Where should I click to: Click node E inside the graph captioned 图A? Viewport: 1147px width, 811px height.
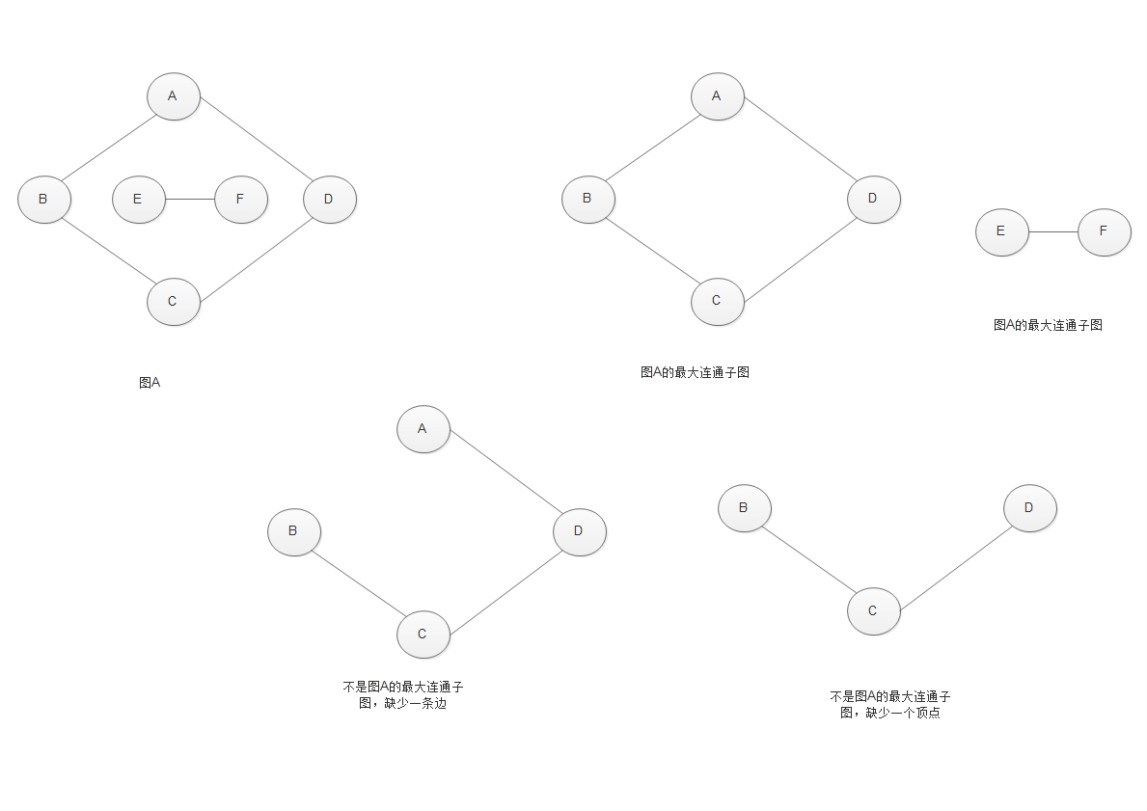pos(138,200)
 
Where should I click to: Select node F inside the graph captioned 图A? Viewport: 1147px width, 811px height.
pos(240,200)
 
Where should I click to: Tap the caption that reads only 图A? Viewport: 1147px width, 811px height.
pos(150,383)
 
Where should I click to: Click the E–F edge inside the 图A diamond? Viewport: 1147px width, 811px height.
pos(189,200)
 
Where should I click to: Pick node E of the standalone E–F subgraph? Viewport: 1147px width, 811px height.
pos(1001,231)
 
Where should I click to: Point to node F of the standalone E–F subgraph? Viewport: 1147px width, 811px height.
pos(1104,231)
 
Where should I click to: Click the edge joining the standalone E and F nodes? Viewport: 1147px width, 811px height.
pos(1052,231)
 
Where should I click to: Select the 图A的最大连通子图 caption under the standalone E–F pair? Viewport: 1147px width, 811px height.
pos(1048,325)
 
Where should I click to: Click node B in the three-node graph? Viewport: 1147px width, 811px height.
pos(744,508)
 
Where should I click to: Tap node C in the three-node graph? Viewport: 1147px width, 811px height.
pos(873,610)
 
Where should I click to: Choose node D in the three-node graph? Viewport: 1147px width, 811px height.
pos(1029,508)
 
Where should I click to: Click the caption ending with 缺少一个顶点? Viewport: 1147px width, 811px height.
pos(890,705)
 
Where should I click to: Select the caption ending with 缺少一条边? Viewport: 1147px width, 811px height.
pos(402,695)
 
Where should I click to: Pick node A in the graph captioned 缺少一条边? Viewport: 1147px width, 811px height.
pos(423,429)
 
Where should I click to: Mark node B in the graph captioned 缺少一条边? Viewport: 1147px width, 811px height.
pos(293,531)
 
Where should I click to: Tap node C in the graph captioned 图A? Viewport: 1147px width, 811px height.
pos(173,302)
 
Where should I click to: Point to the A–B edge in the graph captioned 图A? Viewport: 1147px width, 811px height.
pos(108,148)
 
